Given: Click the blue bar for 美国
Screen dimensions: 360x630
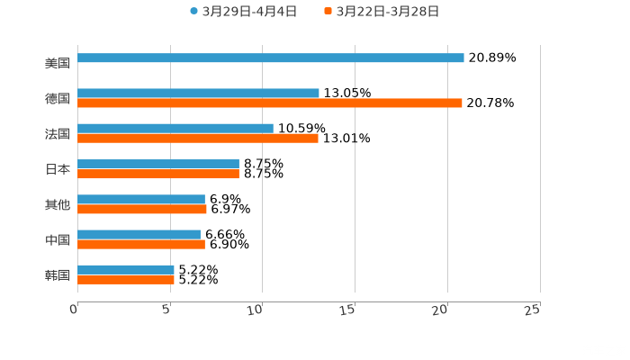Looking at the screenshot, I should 270,58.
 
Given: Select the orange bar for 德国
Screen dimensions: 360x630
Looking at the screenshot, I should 270,103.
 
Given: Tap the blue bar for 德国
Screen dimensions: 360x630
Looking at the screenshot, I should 198,93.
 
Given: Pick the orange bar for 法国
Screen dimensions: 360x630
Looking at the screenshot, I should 198,138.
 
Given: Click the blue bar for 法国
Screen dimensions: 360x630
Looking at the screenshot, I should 175,128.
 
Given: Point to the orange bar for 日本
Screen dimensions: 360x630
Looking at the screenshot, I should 158,174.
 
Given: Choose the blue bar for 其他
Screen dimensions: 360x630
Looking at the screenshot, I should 141,199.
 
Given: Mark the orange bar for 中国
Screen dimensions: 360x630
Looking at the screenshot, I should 141,244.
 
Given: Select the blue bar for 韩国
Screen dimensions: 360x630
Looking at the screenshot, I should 126,269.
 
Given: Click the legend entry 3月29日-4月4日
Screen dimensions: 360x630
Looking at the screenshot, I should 243,12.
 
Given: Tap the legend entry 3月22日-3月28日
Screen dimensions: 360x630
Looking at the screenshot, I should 382,12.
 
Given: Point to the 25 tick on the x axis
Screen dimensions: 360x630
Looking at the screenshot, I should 533,310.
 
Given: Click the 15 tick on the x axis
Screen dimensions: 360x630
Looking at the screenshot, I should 348,310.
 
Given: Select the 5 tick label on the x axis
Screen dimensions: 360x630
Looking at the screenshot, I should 166,310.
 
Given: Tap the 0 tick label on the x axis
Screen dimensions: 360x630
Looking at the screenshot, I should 74,310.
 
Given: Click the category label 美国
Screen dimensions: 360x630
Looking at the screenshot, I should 58,63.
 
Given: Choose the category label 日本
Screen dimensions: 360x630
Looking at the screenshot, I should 58,168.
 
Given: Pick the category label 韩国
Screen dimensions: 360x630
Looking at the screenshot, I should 58,274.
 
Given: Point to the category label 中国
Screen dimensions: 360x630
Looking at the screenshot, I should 58,239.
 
